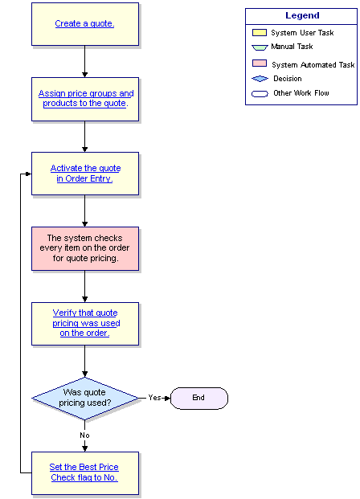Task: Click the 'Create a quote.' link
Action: pyautogui.click(x=84, y=23)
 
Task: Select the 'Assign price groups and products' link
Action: pyautogui.click(x=86, y=98)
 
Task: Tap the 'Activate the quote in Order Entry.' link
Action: pyautogui.click(x=85, y=174)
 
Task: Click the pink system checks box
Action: pyautogui.click(x=85, y=248)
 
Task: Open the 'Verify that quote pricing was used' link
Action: pyautogui.click(x=86, y=323)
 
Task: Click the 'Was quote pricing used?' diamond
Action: pyautogui.click(x=85, y=398)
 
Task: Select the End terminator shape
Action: pyautogui.click(x=199, y=398)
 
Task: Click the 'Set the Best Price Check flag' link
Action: pyautogui.click(x=84, y=472)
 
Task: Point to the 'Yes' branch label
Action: pyautogui.click(x=154, y=398)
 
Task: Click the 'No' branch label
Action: pyautogui.click(x=84, y=436)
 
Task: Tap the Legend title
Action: pyautogui.click(x=302, y=15)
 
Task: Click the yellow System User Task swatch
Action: pyautogui.click(x=260, y=32)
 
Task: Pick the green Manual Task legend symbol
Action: pyautogui.click(x=260, y=47)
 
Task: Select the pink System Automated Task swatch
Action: pyautogui.click(x=260, y=63)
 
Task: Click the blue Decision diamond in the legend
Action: pyautogui.click(x=260, y=79)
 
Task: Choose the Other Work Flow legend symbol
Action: pyautogui.click(x=260, y=94)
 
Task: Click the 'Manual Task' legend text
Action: pyautogui.click(x=292, y=47)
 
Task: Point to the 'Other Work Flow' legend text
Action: pyautogui.click(x=301, y=93)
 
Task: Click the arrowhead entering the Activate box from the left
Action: pyautogui.click(x=29, y=174)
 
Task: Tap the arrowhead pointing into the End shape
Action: pyautogui.click(x=168, y=398)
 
